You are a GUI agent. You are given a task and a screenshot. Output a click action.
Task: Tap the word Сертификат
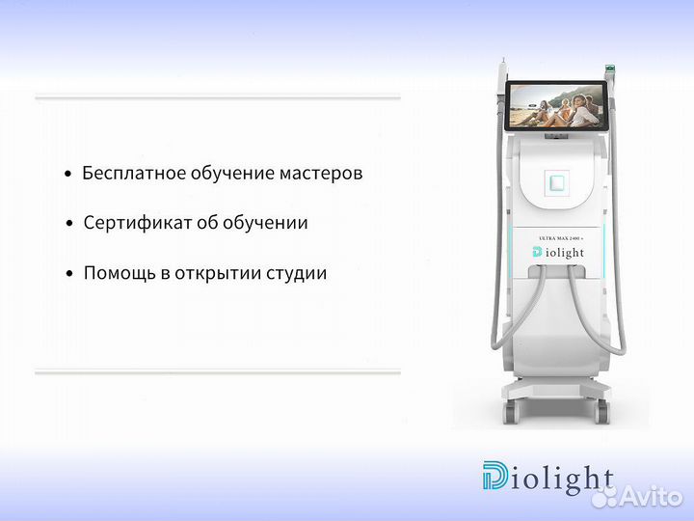[130, 223]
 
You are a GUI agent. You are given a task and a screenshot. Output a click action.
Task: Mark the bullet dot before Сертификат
[69, 224]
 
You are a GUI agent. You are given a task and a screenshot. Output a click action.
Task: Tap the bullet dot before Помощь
[69, 274]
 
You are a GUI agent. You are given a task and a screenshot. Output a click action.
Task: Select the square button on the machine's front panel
[557, 182]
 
